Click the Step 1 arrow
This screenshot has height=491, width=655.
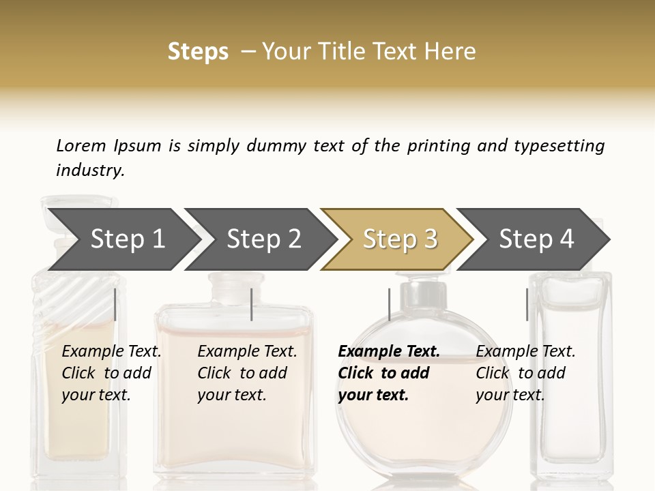[x=123, y=239]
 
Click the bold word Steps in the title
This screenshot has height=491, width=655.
[x=198, y=52]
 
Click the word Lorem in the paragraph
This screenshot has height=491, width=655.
[x=81, y=145]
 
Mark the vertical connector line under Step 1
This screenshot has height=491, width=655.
[x=115, y=304]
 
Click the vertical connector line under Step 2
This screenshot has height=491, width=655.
[x=252, y=304]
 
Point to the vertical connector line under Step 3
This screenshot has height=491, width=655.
[x=389, y=304]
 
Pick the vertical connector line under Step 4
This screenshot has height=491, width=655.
[x=527, y=304]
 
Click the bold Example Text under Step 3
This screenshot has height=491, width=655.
[x=389, y=351]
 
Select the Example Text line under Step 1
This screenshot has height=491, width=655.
[x=111, y=351]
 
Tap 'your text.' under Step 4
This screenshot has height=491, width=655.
[x=510, y=395]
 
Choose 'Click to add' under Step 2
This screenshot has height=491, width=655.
[x=242, y=373]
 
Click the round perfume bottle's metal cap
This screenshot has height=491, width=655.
[x=419, y=293]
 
